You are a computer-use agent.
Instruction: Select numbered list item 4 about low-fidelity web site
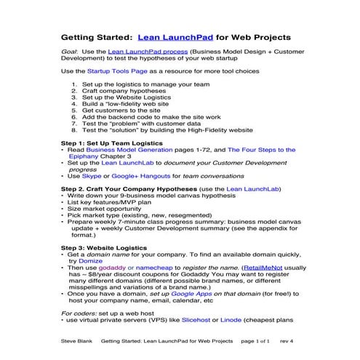(x=127, y=103)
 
